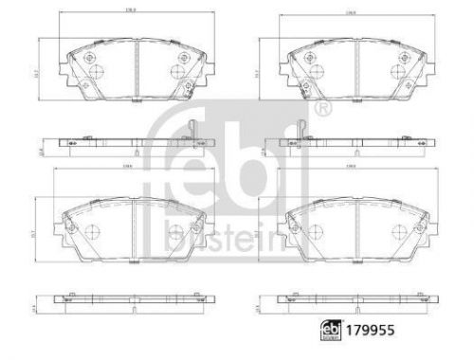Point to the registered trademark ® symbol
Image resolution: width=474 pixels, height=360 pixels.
coord(325,111)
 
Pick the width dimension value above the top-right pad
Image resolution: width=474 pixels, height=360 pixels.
coord(351,13)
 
